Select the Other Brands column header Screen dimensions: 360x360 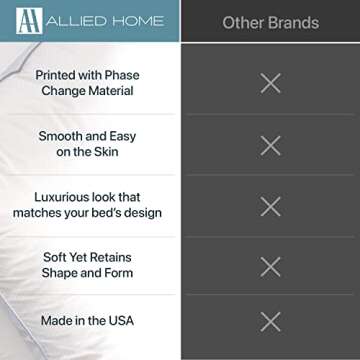tap(269, 22)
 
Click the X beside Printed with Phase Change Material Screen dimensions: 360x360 tap(270, 83)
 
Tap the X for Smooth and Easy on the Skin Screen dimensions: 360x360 tap(270, 145)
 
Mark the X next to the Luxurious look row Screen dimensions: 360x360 tap(270, 206)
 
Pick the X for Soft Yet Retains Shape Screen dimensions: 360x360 tap(270, 266)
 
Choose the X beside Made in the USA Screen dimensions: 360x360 tap(270, 321)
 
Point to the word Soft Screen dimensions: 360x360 tap(56, 256)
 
